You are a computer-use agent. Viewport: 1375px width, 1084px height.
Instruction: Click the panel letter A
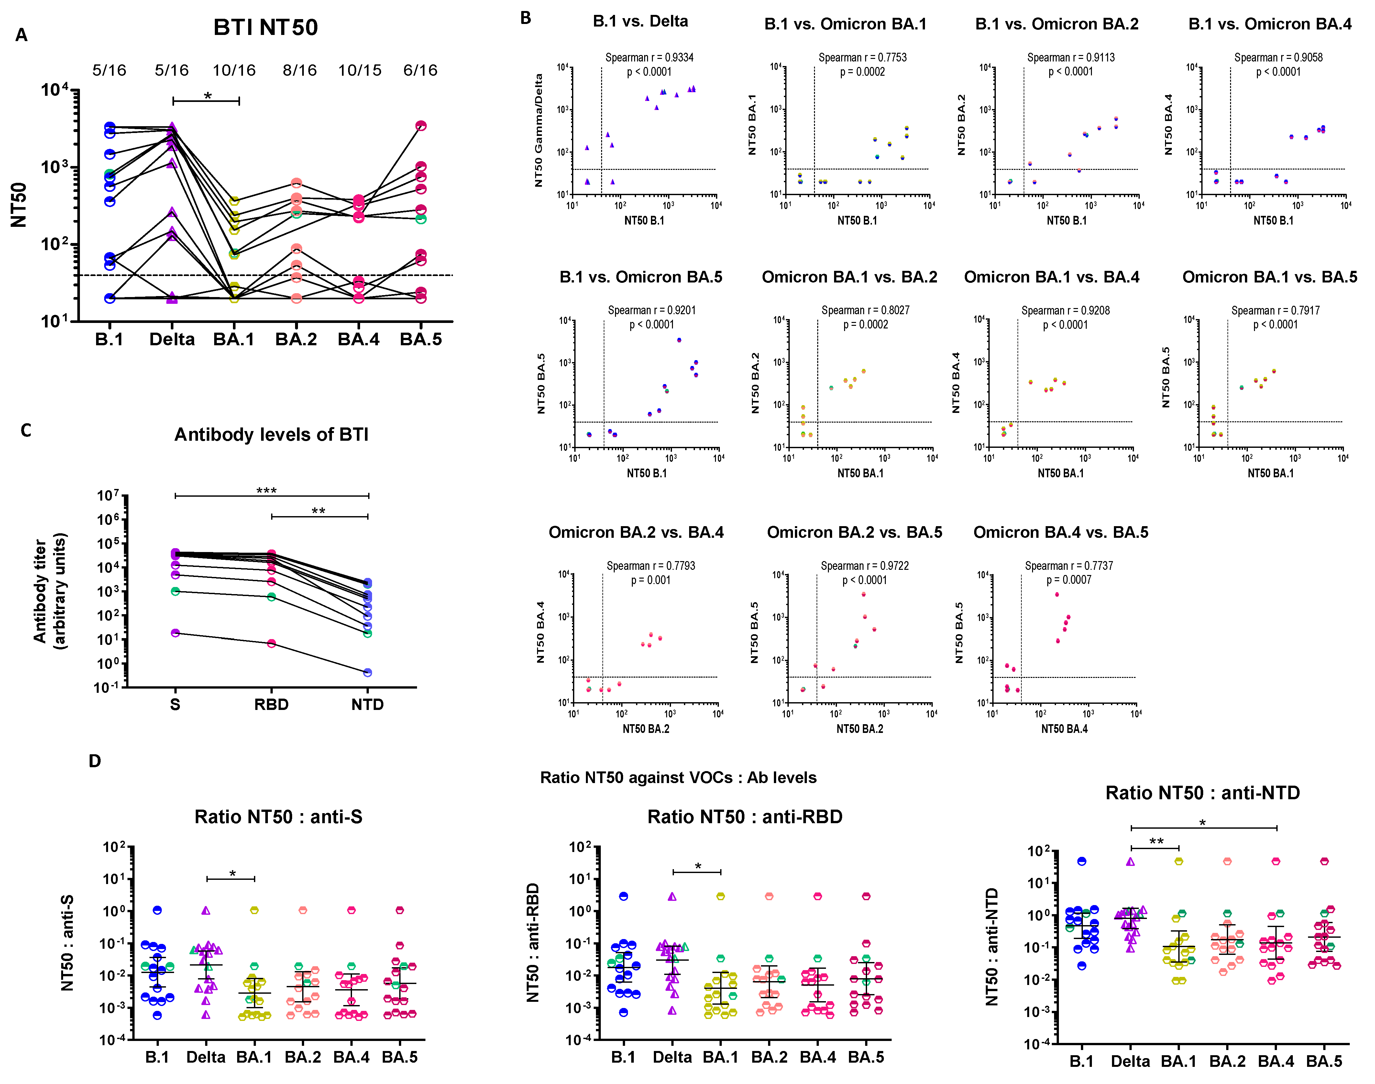[22, 35]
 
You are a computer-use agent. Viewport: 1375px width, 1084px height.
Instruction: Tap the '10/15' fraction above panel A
[360, 71]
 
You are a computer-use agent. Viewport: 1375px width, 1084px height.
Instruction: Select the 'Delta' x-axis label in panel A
[172, 339]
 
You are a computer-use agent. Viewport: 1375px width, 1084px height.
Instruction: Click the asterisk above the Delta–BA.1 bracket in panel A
[207, 96]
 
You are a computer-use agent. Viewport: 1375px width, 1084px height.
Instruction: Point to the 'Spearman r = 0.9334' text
[649, 58]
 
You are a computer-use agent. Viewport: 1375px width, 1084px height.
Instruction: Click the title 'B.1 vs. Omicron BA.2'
[1056, 24]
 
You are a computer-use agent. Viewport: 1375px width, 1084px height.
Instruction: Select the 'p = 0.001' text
[650, 580]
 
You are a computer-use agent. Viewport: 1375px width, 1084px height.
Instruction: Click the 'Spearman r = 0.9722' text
[864, 566]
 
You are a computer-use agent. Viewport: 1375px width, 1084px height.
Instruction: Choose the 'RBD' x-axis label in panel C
[271, 704]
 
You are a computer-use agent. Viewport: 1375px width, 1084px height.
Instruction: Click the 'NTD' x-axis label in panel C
[368, 704]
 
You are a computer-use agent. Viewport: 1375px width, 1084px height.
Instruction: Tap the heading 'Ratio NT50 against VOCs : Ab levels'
[678, 778]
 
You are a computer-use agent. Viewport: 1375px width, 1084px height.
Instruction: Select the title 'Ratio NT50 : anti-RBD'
[744, 817]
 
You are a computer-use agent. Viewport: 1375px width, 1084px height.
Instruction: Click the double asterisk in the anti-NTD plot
[1156, 842]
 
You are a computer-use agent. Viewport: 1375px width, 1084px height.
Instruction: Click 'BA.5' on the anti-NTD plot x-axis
[1324, 1061]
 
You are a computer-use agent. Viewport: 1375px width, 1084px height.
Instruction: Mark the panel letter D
[94, 761]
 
